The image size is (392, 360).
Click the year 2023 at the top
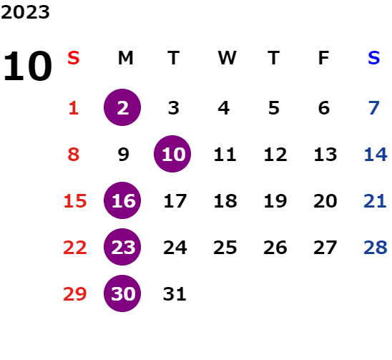point(25,12)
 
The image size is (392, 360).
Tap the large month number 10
point(27,66)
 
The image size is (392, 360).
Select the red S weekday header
point(74,58)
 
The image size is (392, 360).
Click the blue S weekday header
point(373,58)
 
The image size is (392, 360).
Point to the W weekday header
point(227,58)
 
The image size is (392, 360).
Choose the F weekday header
point(324,58)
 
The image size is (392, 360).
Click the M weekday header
point(125,58)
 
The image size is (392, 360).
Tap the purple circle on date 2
point(122,107)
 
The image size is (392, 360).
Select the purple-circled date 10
point(172,154)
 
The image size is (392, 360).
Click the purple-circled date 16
point(122,200)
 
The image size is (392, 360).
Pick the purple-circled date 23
point(122,247)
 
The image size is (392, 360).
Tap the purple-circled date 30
point(122,293)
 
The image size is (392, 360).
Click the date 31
point(175,294)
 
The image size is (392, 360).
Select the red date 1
point(74,108)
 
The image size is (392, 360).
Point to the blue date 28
point(376,248)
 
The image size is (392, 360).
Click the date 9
point(123,155)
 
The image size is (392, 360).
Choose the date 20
point(325,201)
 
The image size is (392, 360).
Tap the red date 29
point(74,294)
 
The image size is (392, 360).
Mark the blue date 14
point(376,155)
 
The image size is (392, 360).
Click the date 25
point(225,248)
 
